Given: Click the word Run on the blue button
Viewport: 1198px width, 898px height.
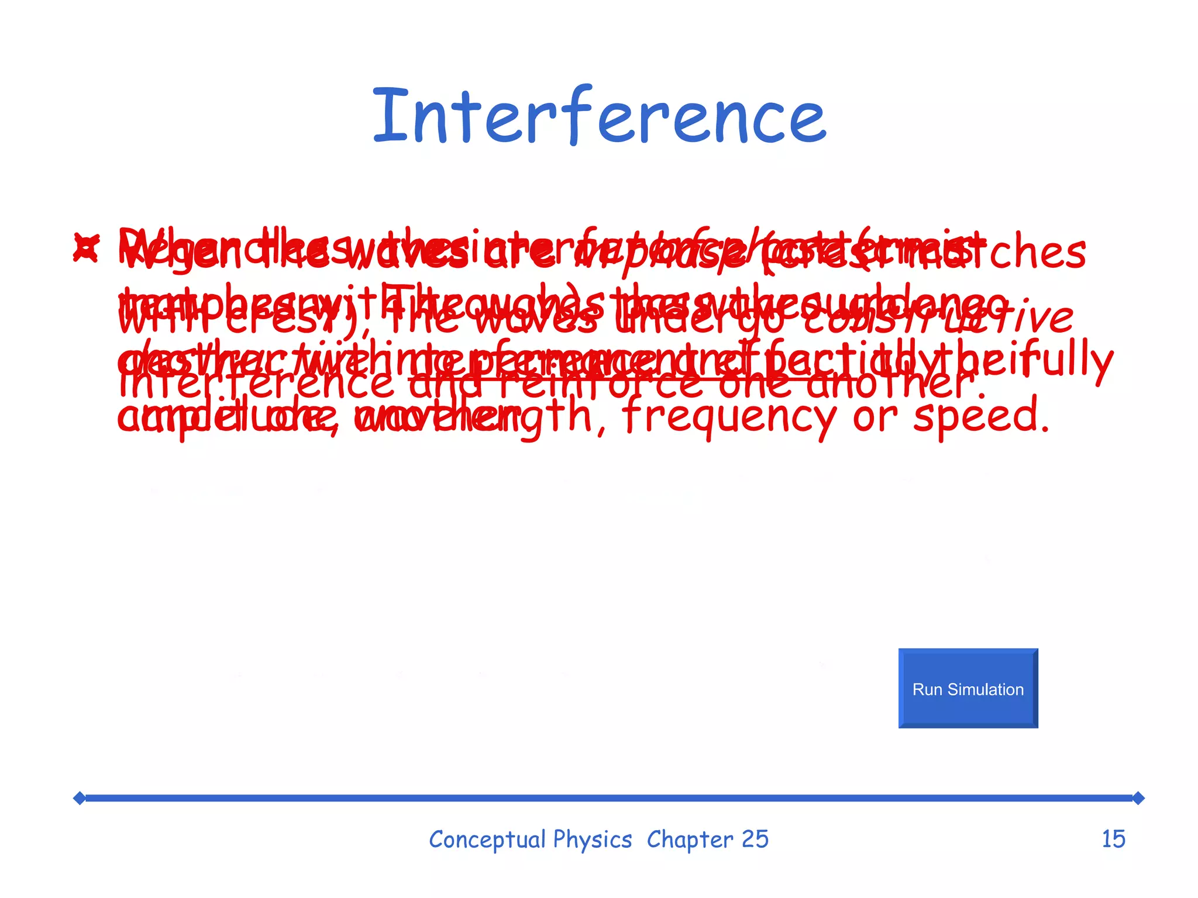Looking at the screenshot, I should pyautogui.click(x=928, y=690).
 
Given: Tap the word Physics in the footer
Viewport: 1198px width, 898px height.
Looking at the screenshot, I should pyautogui.click(x=593, y=840).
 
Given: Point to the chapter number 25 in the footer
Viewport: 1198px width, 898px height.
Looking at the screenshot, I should pyautogui.click(x=755, y=840).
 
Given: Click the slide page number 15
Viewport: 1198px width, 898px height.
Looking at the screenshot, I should pyautogui.click(x=1113, y=840).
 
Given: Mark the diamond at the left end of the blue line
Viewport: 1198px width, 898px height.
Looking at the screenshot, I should pyautogui.click(x=80, y=798).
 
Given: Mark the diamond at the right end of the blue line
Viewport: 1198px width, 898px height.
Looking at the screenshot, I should pyautogui.click(x=1138, y=798).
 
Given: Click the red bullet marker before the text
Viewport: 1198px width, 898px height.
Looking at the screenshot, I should pyautogui.click(x=86, y=247).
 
